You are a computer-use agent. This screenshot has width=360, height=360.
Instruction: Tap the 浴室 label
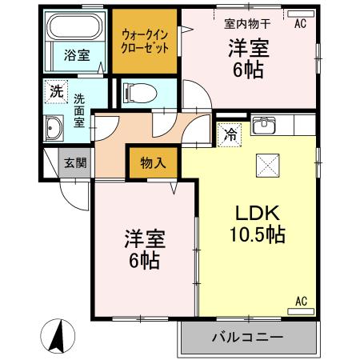tap(77, 55)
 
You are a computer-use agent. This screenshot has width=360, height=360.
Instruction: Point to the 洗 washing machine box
tap(55, 90)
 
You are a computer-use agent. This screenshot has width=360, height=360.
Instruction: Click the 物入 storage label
tap(154, 162)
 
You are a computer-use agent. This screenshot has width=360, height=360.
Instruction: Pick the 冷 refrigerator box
tap(229, 134)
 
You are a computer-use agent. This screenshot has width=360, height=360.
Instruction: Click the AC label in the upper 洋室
tap(300, 24)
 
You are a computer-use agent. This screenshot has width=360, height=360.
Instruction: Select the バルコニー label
tap(247, 337)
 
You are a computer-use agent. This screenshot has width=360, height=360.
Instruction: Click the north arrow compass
tap(58, 335)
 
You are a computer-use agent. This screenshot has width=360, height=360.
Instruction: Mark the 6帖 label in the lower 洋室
tap(142, 260)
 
